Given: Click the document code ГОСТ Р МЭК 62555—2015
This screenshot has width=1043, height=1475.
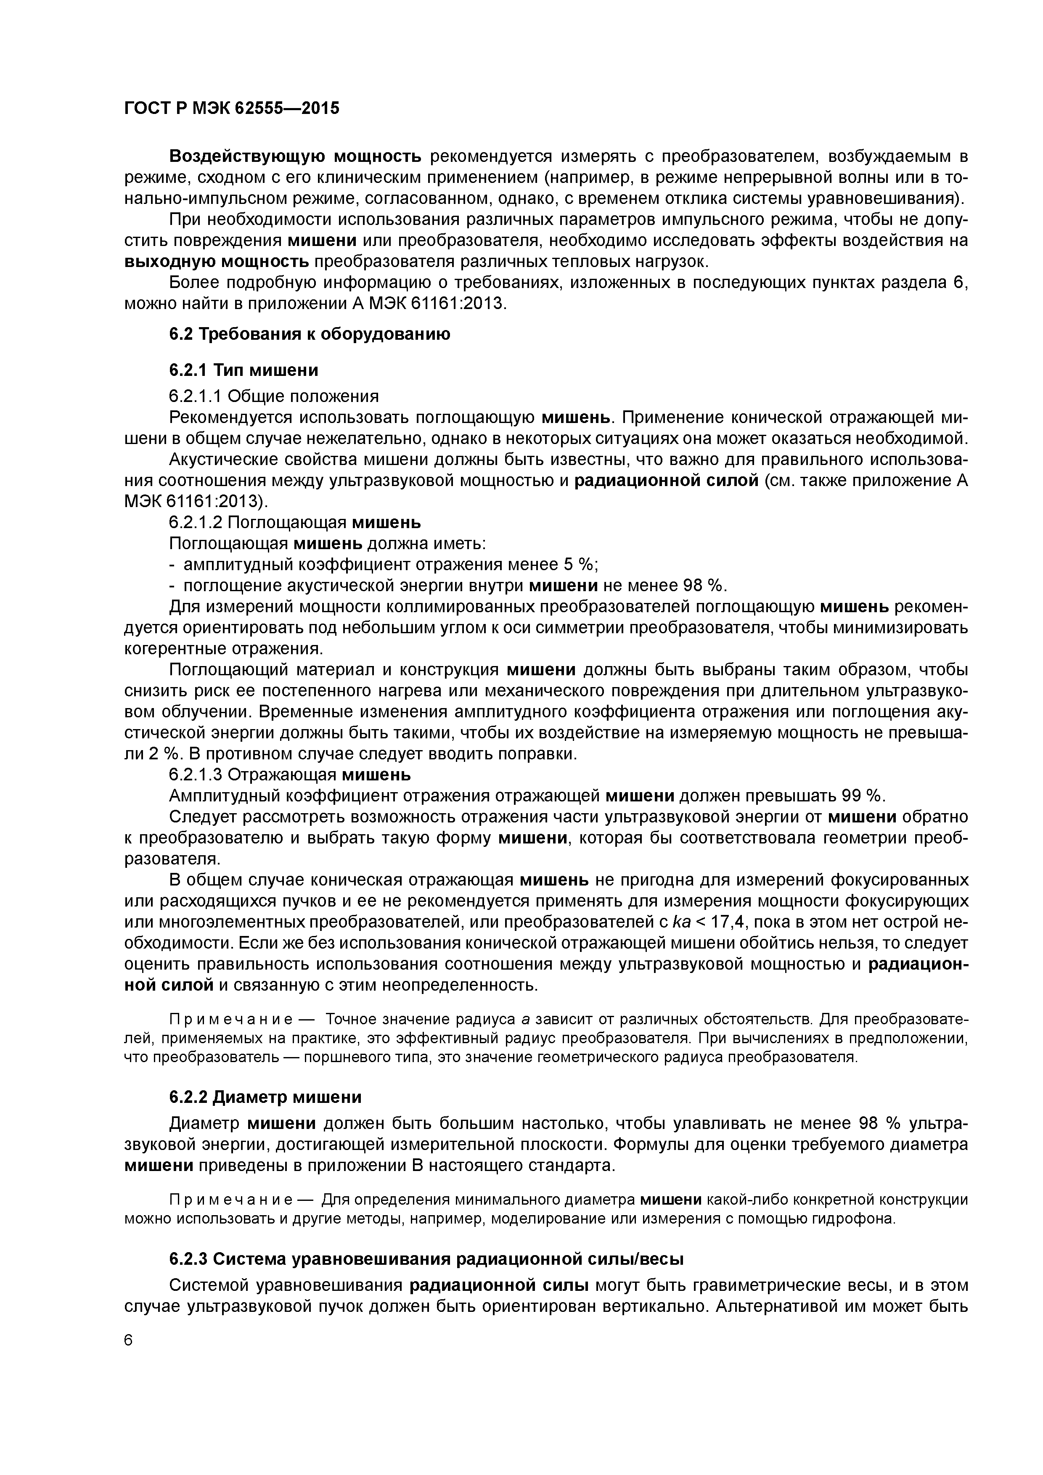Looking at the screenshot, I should pyautogui.click(x=231, y=108).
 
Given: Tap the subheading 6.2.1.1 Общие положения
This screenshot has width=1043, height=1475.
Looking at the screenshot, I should pyautogui.click(x=274, y=396).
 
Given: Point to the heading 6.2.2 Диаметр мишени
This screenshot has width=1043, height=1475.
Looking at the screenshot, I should pyautogui.click(x=265, y=1097).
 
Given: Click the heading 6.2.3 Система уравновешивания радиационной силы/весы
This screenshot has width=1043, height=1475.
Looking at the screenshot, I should pyautogui.click(x=426, y=1259).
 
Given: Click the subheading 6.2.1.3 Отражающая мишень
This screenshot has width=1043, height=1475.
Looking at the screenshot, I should pyautogui.click(x=290, y=775).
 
